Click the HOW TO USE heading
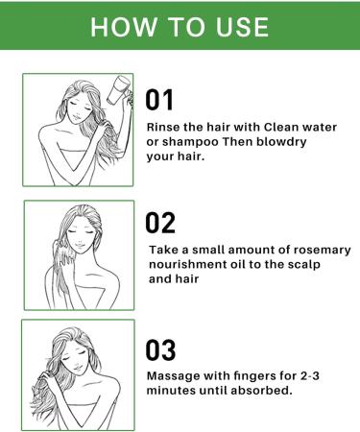tap(180, 26)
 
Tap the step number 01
tap(159, 98)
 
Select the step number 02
tap(160, 223)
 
